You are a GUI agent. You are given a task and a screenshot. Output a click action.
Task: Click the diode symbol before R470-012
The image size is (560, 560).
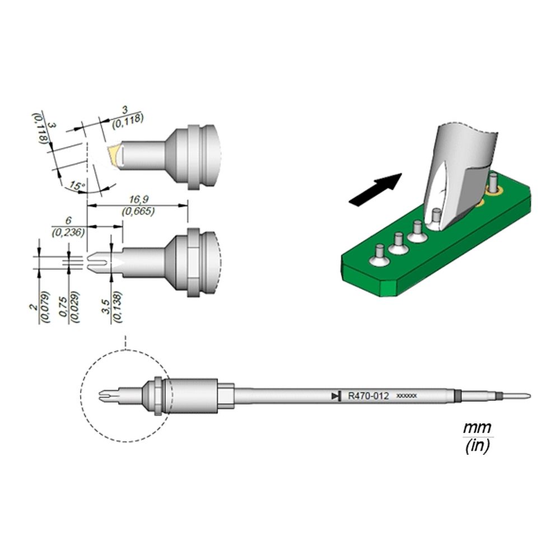point(336,396)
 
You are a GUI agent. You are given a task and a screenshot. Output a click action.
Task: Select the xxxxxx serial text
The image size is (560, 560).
point(406,396)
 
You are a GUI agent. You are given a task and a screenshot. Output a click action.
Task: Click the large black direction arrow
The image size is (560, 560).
point(375,189)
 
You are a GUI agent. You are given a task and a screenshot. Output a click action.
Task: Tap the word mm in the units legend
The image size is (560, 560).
point(477,428)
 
